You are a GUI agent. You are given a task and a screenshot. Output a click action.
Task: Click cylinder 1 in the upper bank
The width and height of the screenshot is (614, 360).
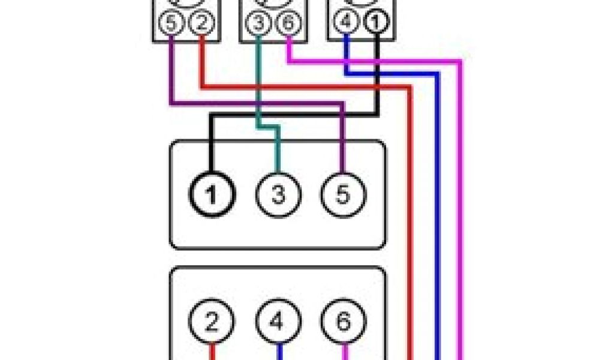tap(211, 195)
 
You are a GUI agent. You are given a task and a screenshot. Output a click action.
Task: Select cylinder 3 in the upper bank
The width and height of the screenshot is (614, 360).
tap(277, 195)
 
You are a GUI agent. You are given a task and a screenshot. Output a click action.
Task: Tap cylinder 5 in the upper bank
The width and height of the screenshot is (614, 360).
tap(342, 195)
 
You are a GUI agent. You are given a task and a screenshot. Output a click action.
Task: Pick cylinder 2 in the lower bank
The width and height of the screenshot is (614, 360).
tap(211, 324)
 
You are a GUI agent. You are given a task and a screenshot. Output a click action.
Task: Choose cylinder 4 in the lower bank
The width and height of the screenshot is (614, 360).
tap(277, 324)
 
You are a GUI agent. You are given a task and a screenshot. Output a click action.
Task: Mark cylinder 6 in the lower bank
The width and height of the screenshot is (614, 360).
tap(342, 324)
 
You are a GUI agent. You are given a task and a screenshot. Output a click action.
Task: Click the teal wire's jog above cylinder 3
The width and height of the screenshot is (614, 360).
tap(269, 127)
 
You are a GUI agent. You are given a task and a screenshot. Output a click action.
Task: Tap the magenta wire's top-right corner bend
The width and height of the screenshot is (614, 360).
tap(460, 61)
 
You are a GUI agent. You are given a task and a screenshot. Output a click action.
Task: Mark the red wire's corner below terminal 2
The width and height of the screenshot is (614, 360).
tap(201, 88)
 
